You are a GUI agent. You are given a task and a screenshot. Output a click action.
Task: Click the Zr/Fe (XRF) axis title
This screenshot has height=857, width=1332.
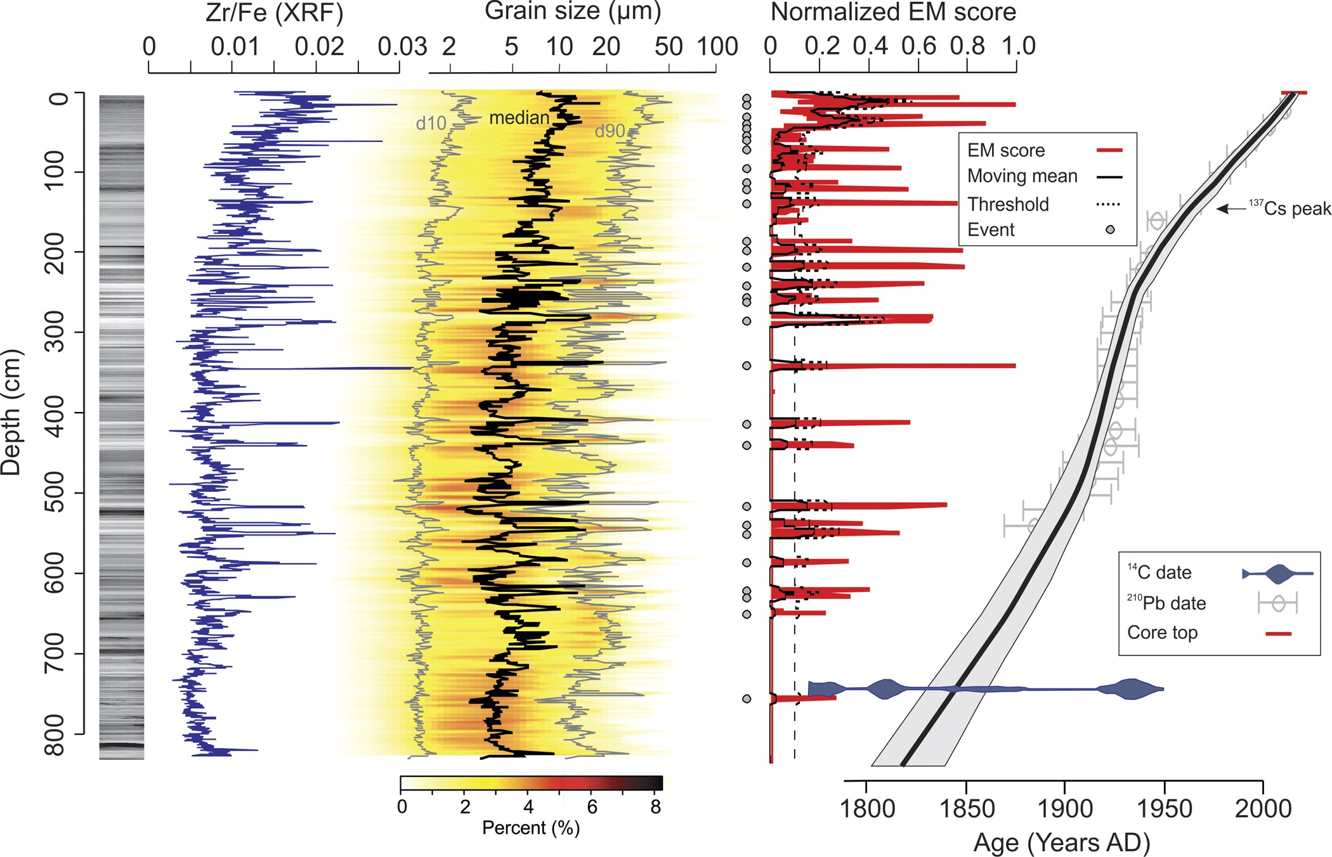click(274, 13)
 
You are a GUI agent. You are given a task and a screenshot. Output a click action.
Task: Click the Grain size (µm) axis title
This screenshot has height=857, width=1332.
click(573, 11)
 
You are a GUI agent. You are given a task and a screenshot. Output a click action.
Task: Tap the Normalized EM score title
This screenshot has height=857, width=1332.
click(893, 12)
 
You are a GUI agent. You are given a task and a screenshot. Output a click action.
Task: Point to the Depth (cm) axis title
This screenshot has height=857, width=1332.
click(11, 413)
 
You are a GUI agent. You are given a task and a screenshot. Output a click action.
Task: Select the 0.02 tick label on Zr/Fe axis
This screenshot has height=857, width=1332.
click(319, 47)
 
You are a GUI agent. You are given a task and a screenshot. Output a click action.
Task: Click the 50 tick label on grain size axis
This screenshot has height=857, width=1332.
click(669, 47)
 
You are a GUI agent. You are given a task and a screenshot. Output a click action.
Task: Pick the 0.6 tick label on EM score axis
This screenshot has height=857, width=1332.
click(918, 46)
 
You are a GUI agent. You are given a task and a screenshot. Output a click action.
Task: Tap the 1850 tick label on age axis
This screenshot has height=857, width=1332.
click(966, 809)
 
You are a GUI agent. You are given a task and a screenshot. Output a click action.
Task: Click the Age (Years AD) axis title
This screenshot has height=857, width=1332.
click(1061, 842)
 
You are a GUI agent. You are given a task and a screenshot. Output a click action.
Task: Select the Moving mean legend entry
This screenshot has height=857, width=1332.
click(1022, 176)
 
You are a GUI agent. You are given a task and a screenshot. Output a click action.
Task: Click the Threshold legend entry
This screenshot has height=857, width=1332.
click(1008, 204)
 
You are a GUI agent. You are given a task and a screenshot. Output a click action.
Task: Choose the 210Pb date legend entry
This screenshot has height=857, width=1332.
click(1166, 603)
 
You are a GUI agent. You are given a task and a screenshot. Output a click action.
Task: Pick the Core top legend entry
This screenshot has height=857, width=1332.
click(1162, 633)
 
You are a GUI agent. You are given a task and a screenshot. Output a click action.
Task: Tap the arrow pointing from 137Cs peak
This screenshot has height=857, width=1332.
click(1231, 209)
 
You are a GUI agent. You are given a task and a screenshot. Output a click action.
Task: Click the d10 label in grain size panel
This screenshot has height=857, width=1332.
click(431, 124)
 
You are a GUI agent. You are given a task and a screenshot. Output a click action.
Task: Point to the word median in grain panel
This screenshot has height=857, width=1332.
click(519, 118)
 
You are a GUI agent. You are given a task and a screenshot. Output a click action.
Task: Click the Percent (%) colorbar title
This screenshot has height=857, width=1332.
click(531, 828)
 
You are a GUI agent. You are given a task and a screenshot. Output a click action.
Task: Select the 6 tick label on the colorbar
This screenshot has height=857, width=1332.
click(592, 807)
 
